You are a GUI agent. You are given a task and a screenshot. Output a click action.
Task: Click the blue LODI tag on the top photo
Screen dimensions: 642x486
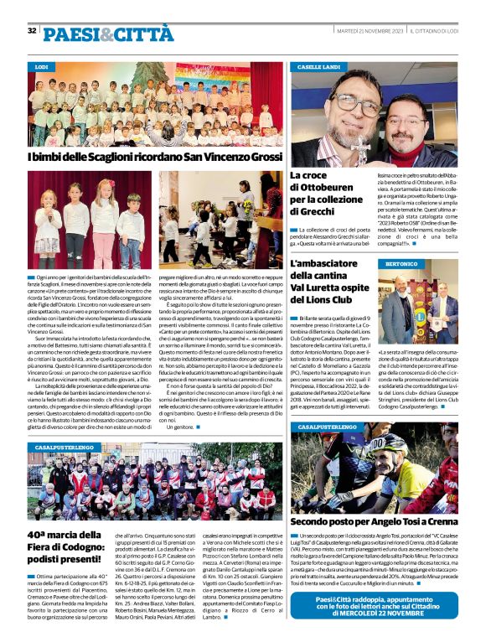[x=42, y=66]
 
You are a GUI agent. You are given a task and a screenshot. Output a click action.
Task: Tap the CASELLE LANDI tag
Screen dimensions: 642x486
[x=317, y=66]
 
